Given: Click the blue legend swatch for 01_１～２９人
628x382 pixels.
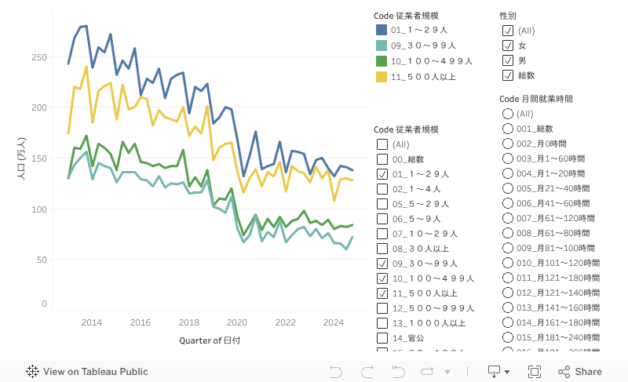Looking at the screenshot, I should pos(382,31).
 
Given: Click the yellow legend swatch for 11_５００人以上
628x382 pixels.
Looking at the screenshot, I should pos(382,76).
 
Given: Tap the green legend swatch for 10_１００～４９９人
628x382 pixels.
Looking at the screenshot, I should pos(382,61).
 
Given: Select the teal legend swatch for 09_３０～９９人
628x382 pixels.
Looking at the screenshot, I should pos(382,45).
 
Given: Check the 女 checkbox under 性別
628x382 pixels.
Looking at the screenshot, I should pos(508,45).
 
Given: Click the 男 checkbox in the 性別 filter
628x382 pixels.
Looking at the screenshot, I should pos(508,60).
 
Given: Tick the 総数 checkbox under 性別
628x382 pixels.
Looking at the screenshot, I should pos(508,75).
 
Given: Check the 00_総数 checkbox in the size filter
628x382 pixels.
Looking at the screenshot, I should pos(382,159).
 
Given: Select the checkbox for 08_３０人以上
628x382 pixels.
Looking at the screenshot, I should pos(382,249).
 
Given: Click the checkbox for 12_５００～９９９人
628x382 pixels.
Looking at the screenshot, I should pos(382,308).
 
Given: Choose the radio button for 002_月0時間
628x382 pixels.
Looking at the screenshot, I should pos(507,144).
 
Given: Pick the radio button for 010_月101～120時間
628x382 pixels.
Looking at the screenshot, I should pos(507,263).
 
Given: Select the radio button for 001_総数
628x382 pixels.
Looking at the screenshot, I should pos(507,129).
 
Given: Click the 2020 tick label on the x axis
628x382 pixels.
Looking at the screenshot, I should pos(236,322).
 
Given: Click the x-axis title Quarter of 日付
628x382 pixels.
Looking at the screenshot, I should pos(210,340).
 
